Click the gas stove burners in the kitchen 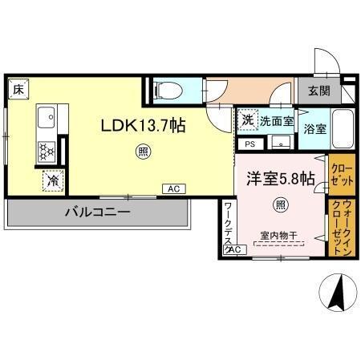point(47,150)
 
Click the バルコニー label point(97,213)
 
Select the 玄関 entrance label point(310,90)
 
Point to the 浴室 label point(314,128)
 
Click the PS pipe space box point(249,145)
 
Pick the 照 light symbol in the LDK point(142,149)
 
